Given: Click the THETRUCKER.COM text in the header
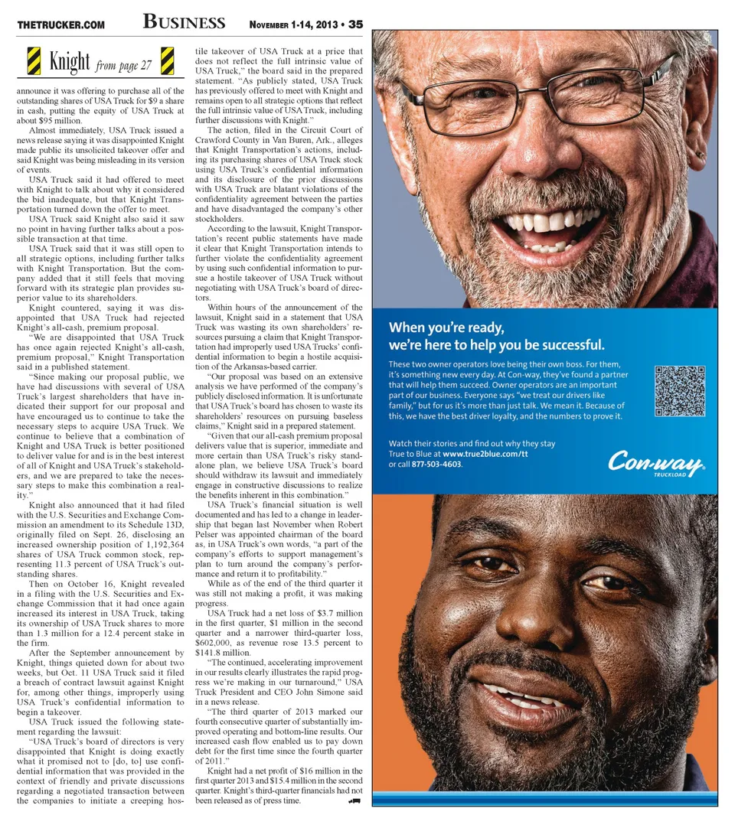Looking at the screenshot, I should (x=60, y=24).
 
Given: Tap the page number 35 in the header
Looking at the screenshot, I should (x=355, y=24).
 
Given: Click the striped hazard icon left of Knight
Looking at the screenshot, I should (x=34, y=60).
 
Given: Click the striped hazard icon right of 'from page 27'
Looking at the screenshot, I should (x=166, y=60).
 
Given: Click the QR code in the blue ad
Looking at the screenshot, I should (x=679, y=391).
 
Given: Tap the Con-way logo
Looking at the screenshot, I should (x=655, y=461).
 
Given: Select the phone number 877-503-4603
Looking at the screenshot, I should (x=436, y=465).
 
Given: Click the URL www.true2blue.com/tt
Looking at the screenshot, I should (x=485, y=454).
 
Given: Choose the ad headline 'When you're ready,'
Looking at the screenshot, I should (x=446, y=327).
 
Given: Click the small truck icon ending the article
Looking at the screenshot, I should (x=354, y=800).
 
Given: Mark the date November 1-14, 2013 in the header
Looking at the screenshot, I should (x=294, y=24).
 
